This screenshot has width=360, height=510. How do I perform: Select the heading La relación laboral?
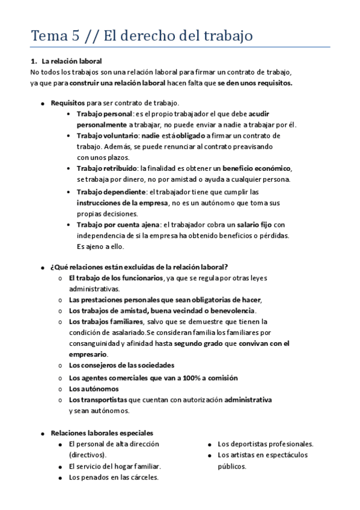tap(72, 61)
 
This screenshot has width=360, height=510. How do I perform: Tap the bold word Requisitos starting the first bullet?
tap(68, 103)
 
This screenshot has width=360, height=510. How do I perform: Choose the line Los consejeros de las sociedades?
tap(121, 365)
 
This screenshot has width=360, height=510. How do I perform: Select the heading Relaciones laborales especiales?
tap(102, 432)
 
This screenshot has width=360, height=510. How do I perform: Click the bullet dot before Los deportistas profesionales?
tap(208, 444)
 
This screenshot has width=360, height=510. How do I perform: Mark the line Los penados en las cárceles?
tap(114, 477)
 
